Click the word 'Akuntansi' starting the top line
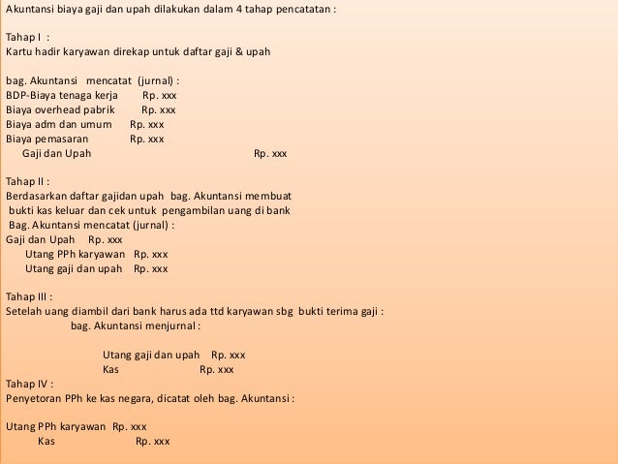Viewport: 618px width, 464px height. (x=30, y=8)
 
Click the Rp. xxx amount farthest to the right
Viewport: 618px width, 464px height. (x=270, y=153)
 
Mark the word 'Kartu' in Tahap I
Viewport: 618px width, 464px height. (x=19, y=50)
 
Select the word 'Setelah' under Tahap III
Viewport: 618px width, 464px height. (x=24, y=312)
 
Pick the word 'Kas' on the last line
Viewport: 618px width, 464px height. (x=46, y=441)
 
